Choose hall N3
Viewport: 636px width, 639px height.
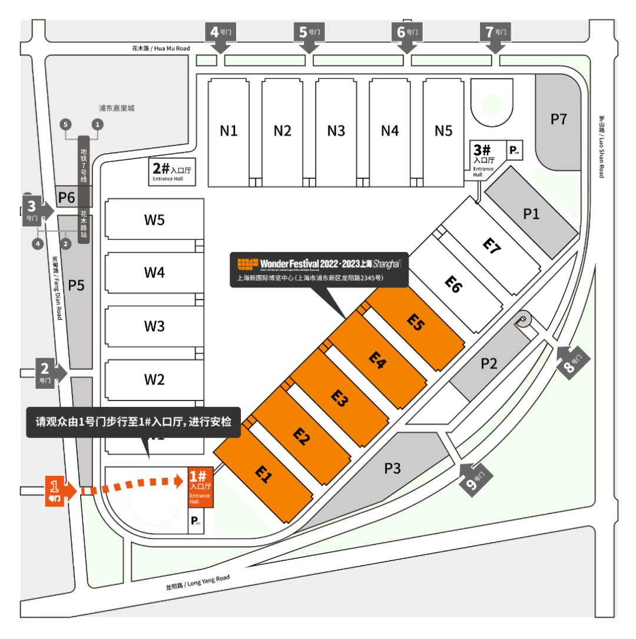(x=336, y=131)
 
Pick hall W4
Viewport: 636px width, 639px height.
(x=154, y=273)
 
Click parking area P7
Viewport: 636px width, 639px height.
(x=558, y=120)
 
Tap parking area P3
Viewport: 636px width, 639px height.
(x=392, y=469)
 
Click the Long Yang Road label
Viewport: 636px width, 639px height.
(x=197, y=582)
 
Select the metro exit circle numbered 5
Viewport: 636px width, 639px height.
(x=65, y=124)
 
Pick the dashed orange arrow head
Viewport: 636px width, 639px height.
(x=180, y=481)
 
